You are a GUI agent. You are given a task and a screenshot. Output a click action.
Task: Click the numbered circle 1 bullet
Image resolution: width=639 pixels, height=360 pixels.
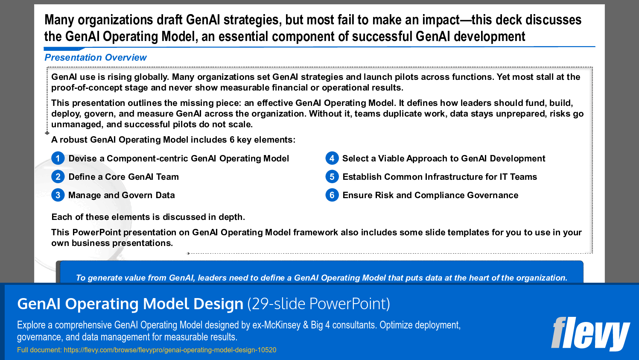tap(58, 158)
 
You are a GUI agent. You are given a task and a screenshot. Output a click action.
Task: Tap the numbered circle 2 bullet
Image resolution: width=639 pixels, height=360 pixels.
tap(58, 177)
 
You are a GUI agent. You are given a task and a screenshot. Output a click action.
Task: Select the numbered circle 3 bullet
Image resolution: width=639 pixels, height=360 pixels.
tap(58, 195)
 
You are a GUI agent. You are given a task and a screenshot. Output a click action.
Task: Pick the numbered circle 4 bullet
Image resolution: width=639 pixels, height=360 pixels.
tap(332, 158)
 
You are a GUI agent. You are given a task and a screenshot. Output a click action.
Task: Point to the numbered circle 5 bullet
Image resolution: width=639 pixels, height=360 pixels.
tap(332, 177)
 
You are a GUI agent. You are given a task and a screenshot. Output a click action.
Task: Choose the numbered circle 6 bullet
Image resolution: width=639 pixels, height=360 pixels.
tap(332, 195)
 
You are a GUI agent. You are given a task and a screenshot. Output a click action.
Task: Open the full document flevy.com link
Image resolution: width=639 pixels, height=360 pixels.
tap(170, 350)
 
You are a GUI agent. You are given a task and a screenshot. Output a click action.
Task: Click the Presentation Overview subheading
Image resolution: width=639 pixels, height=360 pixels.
tap(96, 58)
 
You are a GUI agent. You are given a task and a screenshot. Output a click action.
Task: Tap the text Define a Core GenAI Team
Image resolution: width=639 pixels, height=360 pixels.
tap(124, 177)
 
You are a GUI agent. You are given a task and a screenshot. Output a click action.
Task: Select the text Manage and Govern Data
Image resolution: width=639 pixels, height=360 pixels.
tap(122, 195)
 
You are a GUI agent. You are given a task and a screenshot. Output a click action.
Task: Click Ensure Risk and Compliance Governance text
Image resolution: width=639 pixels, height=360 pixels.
tap(430, 195)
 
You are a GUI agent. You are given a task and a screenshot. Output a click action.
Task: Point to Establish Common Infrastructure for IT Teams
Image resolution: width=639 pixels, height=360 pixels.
tap(440, 177)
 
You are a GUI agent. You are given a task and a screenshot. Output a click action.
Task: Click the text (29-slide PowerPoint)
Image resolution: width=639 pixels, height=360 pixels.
tap(318, 304)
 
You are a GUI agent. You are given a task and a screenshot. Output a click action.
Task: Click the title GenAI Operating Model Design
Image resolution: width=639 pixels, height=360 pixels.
tap(130, 304)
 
